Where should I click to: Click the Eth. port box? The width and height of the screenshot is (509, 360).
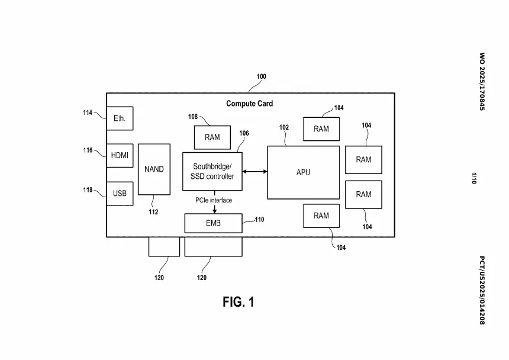[x=120, y=118]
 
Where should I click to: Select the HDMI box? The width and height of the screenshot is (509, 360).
[x=120, y=156]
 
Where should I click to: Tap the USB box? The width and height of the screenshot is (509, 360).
[x=120, y=194]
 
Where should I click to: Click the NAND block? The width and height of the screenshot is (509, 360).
[x=154, y=169]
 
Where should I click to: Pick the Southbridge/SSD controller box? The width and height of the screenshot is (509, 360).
[x=212, y=172]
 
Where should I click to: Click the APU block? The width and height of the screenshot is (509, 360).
[x=303, y=172]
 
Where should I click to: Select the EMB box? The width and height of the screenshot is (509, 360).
[x=213, y=223]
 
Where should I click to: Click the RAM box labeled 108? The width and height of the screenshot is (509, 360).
[x=212, y=137]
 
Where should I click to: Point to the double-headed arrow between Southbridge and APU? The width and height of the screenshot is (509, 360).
[x=254, y=172]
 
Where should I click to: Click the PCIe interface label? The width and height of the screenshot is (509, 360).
[x=214, y=200]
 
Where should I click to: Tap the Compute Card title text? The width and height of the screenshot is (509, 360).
[x=249, y=104]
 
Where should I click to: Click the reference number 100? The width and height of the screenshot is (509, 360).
[x=261, y=77]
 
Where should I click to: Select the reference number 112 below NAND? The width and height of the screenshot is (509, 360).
[x=153, y=212]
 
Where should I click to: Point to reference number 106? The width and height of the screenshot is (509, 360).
[x=244, y=133]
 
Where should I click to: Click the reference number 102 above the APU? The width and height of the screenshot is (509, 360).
[x=284, y=127]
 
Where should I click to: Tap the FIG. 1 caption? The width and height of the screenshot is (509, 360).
[x=238, y=302]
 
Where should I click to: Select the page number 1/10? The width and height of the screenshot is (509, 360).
[x=474, y=178]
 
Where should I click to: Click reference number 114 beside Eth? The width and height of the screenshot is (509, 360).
[x=88, y=112]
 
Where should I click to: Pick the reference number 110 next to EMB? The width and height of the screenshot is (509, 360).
[x=259, y=220]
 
